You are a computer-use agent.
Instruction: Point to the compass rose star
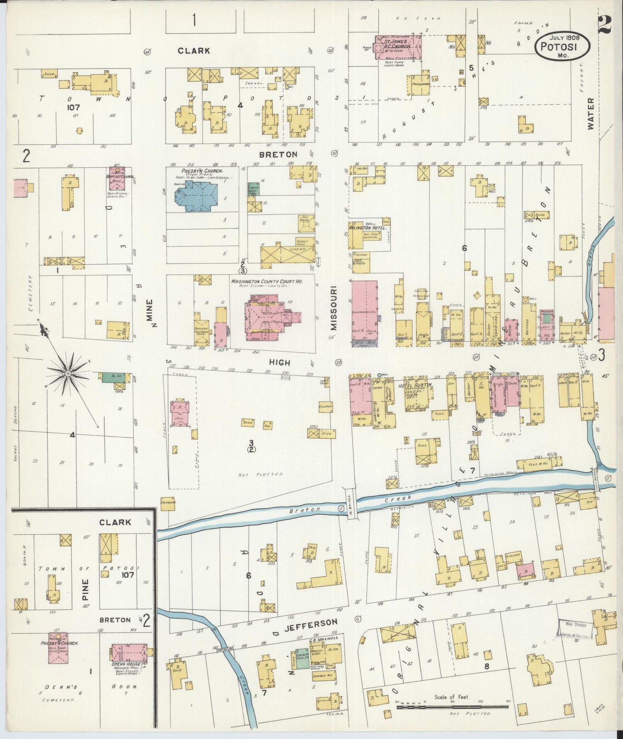click(68, 372)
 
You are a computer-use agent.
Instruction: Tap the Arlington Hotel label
click(367, 227)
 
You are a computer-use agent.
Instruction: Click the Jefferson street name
click(316, 623)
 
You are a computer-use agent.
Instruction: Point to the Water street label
click(590, 113)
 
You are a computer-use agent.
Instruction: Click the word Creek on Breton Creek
click(393, 499)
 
